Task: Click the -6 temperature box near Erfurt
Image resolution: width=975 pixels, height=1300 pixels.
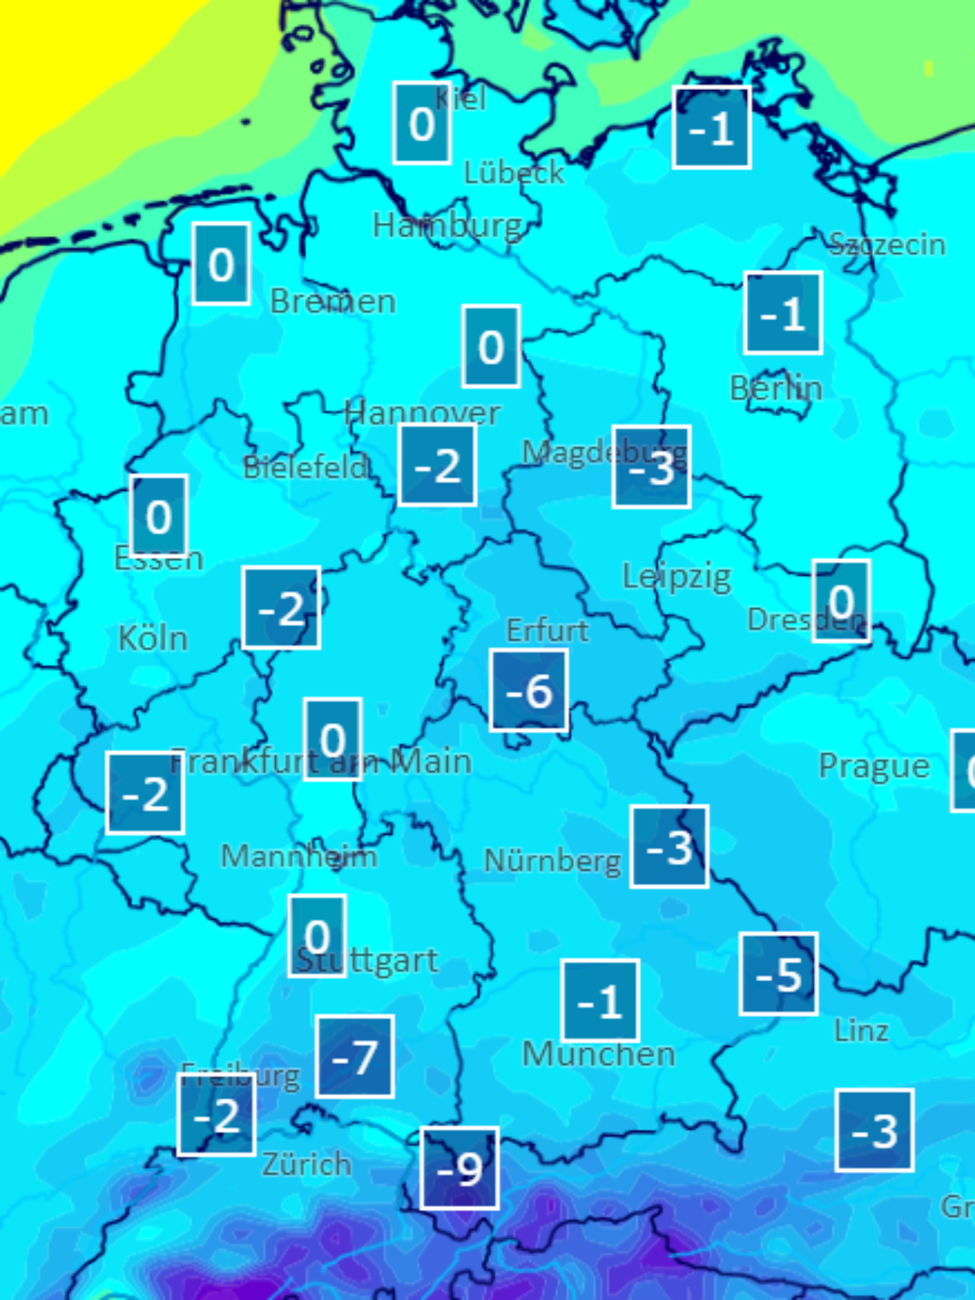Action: click(529, 690)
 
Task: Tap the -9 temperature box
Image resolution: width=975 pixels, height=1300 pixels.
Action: click(460, 1168)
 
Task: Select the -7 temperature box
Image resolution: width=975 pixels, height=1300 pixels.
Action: click(354, 1056)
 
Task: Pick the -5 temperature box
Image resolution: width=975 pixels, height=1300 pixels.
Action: click(779, 973)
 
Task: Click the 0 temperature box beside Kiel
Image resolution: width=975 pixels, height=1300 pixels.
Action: click(422, 123)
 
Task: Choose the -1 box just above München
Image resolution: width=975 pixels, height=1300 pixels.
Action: click(600, 1000)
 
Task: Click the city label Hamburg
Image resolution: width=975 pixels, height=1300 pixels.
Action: click(447, 226)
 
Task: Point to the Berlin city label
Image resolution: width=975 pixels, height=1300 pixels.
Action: click(775, 389)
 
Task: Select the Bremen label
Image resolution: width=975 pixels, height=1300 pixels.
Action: click(333, 302)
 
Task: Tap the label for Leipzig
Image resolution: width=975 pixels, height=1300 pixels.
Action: click(677, 577)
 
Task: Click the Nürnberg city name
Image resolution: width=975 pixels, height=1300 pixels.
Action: click(552, 862)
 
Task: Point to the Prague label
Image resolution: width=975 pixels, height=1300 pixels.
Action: click(874, 766)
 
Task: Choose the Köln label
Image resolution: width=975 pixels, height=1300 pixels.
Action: click(153, 638)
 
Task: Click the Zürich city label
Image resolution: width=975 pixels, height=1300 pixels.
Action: click(306, 1164)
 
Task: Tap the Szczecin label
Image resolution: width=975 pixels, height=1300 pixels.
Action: click(887, 245)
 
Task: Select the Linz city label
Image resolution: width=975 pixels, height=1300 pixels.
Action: click(861, 1031)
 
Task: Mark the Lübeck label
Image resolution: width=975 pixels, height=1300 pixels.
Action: click(514, 173)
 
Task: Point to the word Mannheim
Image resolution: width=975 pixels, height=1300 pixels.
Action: click(298, 857)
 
